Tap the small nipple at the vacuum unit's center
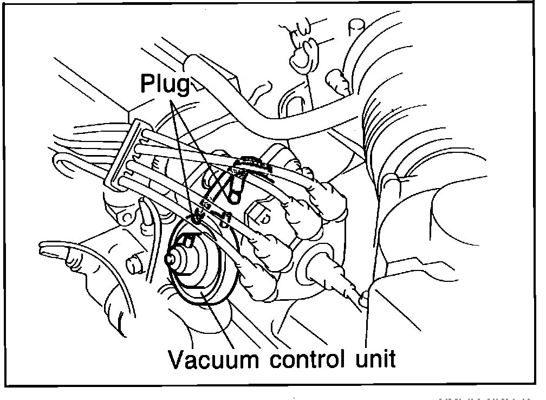pos(174,259)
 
